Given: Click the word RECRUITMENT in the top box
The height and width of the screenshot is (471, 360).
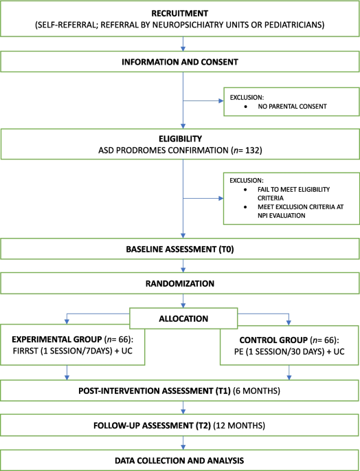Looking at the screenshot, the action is (180, 14).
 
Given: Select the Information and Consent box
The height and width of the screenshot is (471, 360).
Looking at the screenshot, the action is (180, 62).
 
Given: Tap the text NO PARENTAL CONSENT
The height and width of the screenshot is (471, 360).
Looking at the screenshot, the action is (292, 107).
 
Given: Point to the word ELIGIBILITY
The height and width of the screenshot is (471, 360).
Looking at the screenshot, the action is (180, 139).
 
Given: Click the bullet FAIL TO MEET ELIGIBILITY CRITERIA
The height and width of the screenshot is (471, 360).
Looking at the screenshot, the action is (293, 194).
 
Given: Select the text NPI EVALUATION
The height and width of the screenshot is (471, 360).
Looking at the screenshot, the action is (281, 215).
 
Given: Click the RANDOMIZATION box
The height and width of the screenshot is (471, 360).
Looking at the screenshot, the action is (180, 283).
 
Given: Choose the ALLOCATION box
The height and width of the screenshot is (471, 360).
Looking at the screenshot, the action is (183, 318).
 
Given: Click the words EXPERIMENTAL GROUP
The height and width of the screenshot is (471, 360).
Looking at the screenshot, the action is (57, 340).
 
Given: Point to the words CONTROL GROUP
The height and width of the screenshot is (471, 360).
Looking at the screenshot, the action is (273, 340).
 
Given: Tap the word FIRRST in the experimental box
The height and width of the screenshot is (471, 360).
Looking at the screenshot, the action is (25, 351).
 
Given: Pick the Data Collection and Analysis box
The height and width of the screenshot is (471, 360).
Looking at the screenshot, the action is (180, 461).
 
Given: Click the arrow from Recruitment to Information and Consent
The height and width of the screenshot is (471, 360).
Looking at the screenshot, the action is (183, 44).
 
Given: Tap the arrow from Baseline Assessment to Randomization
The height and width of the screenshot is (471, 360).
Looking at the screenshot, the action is (183, 266).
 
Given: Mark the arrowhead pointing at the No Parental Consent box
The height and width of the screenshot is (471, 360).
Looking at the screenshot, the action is (221, 101).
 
